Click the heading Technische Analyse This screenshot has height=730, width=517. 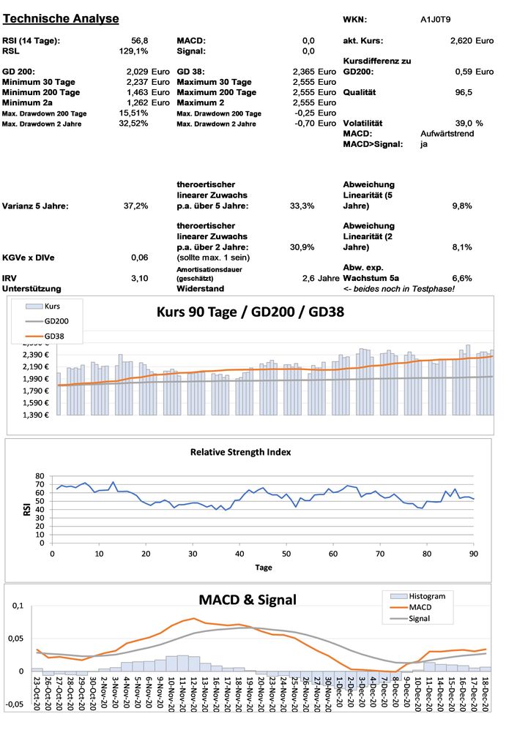[x=59, y=18]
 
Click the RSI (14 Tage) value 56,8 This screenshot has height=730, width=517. [x=138, y=41]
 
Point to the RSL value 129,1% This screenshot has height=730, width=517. [x=134, y=51]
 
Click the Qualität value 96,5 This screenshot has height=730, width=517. [x=464, y=93]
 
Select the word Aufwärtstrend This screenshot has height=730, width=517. [x=447, y=134]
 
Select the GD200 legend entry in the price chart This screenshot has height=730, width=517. [x=55, y=321]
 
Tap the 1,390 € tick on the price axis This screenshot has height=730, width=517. [x=36, y=415]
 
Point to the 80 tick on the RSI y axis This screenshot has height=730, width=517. [x=40, y=475]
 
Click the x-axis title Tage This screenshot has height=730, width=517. [x=264, y=567]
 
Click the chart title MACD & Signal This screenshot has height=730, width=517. [x=248, y=600]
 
